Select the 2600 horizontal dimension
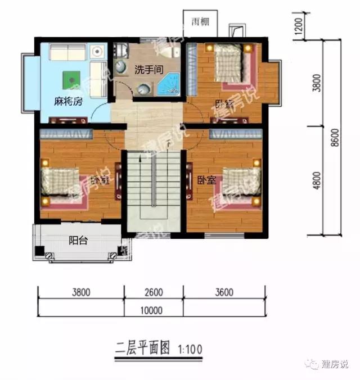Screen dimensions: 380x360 coord(152,293)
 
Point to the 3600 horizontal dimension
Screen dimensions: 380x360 coord(223,293)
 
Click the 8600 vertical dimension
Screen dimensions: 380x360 coord(335,138)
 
